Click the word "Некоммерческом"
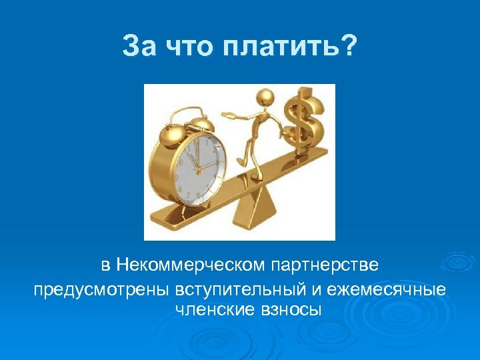click(191, 265)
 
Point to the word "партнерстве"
click(325, 265)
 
